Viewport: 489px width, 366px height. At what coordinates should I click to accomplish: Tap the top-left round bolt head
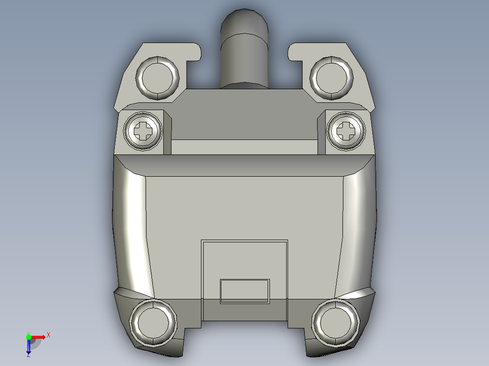[157, 78]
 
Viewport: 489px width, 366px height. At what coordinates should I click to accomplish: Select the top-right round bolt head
[332, 78]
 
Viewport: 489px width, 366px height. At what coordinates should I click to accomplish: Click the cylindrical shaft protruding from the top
[244, 59]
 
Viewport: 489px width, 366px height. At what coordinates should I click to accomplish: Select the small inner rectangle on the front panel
[244, 291]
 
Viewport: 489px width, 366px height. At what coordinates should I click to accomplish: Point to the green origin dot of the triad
[29, 337]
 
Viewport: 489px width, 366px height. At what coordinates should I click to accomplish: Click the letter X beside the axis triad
[49, 335]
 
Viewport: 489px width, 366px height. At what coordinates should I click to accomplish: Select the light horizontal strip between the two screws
[244, 147]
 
